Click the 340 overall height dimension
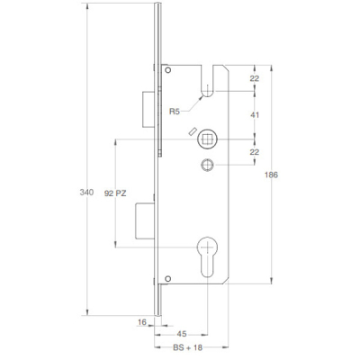86,192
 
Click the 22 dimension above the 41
255,80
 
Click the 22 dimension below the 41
255,152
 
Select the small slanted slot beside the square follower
192,133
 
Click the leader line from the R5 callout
193,104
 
